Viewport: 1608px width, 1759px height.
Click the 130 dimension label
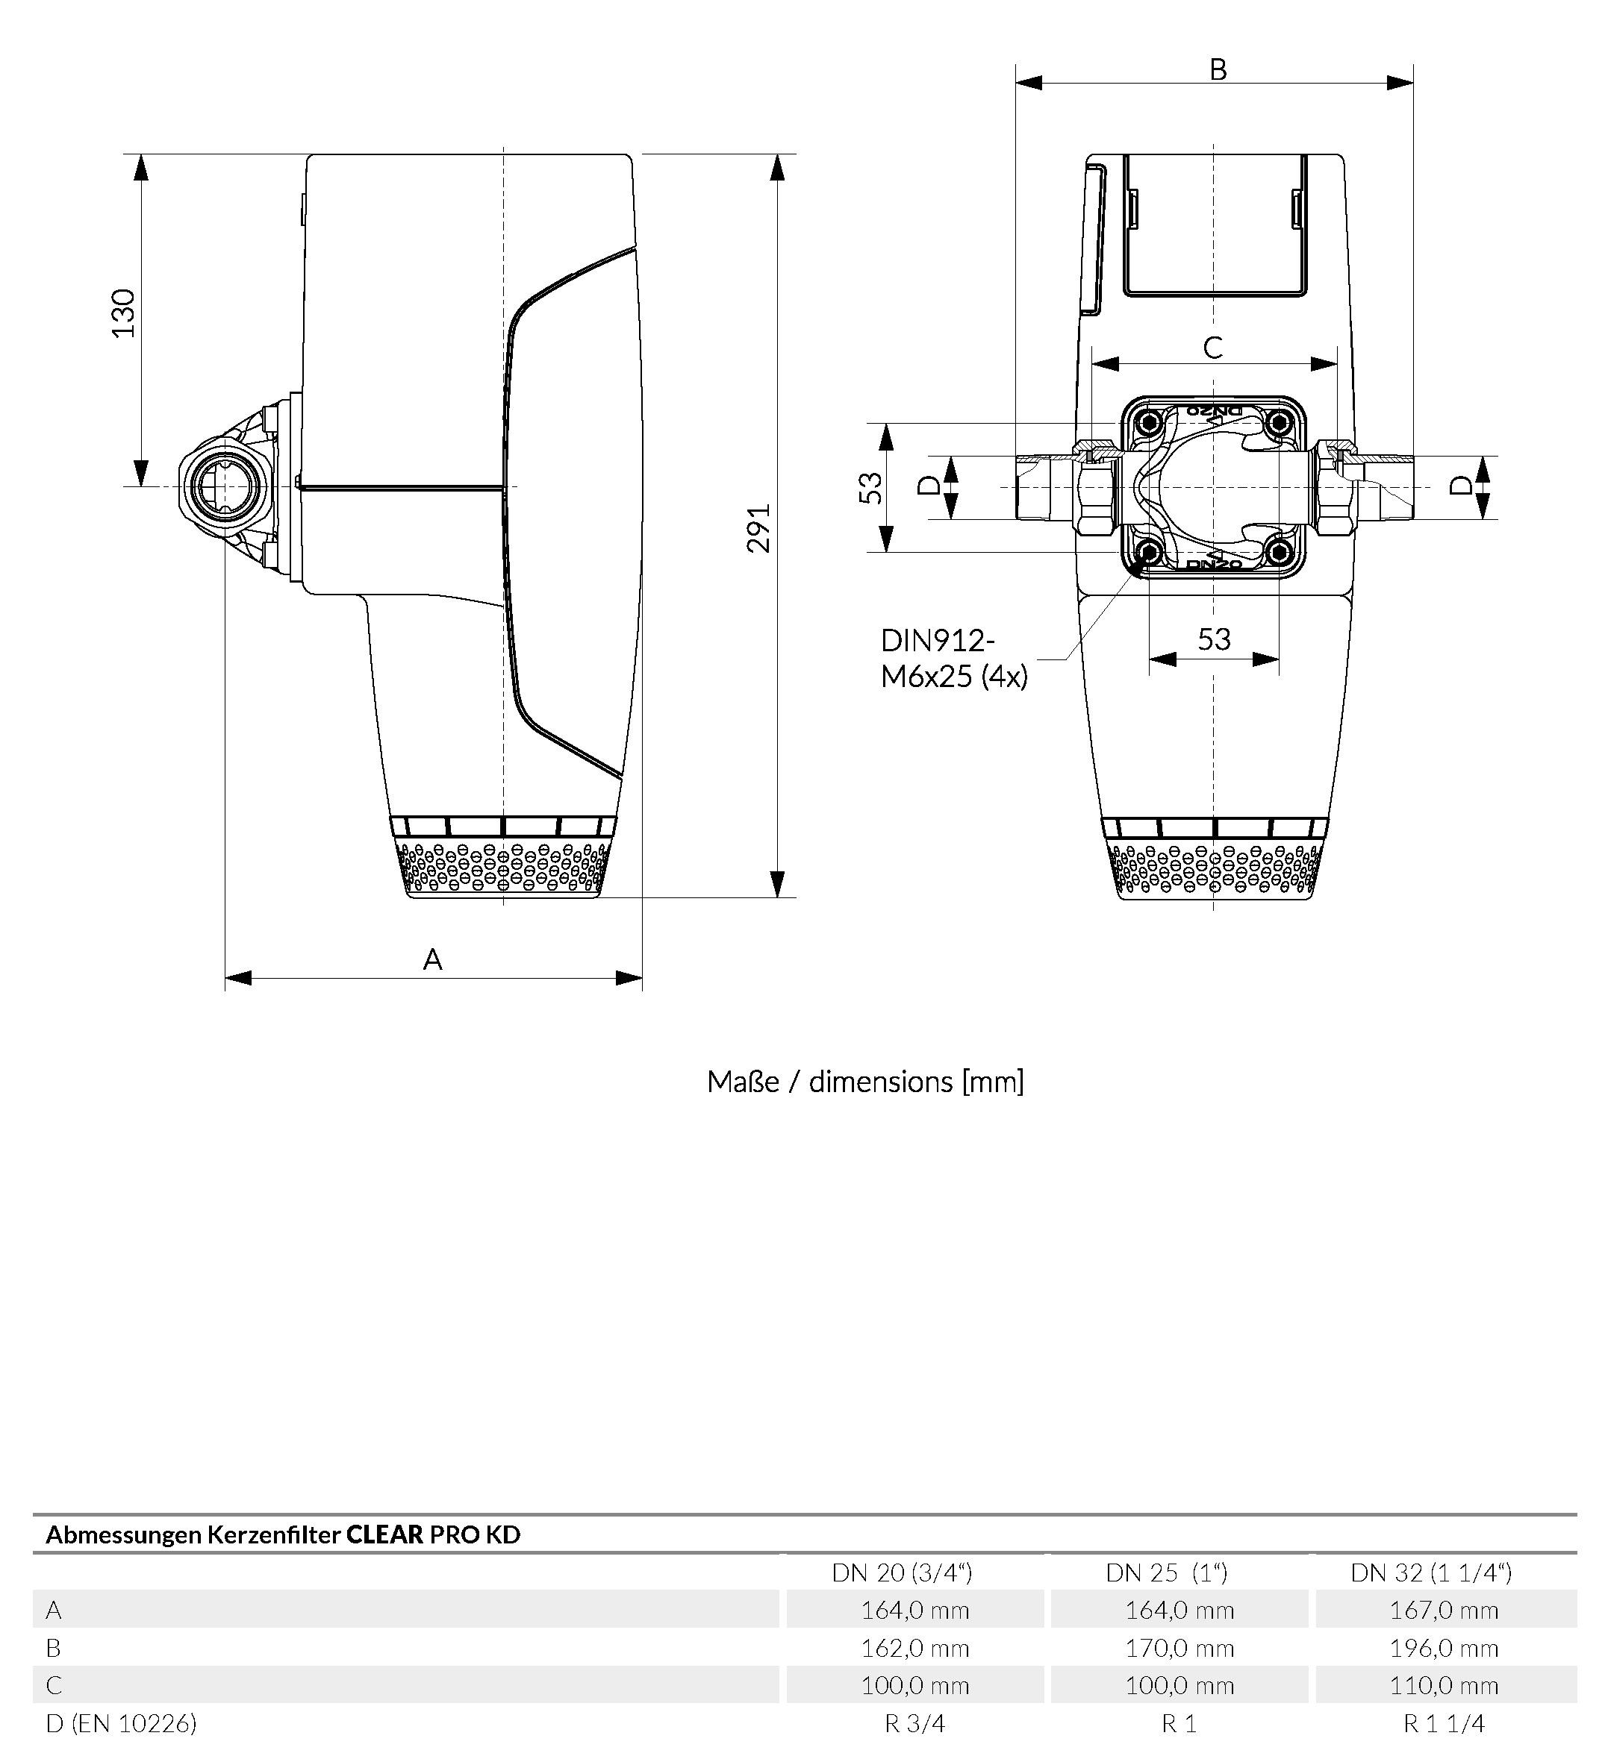124,313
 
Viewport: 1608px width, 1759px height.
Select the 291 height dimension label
759,528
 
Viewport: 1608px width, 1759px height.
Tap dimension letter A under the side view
433,960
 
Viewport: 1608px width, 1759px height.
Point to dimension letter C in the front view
1213,348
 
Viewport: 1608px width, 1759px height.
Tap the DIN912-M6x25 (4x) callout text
953,659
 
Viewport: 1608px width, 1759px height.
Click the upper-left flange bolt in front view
1150,424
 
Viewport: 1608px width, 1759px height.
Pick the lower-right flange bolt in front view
1279,551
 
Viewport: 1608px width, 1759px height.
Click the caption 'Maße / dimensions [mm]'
865,1082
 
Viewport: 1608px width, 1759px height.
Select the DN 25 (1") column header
1166,1573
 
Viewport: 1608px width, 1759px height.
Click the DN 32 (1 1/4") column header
1431,1573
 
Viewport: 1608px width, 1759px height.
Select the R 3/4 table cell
915,1723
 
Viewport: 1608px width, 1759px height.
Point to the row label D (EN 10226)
122,1723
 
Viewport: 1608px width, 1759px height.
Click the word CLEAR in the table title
384,1534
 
